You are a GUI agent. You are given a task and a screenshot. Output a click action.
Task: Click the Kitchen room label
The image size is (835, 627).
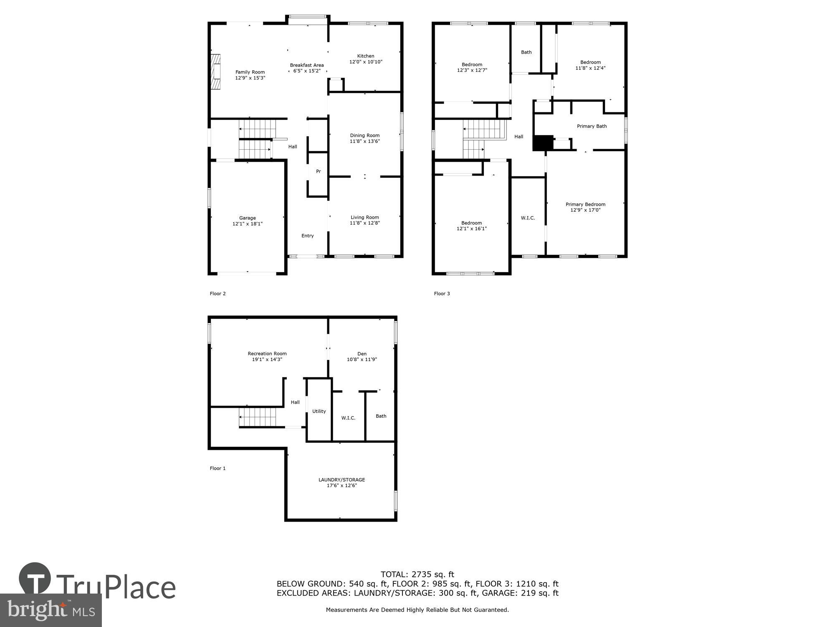click(x=365, y=56)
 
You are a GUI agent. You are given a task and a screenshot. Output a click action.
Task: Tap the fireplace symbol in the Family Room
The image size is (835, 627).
click(x=215, y=72)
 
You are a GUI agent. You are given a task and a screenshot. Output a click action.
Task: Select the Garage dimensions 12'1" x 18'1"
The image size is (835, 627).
click(x=247, y=224)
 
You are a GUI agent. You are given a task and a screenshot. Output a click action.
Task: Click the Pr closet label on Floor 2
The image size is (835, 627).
click(x=318, y=171)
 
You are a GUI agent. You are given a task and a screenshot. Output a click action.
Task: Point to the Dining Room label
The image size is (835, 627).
click(x=364, y=135)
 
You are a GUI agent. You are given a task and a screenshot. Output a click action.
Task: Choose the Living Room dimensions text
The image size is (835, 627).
click(x=364, y=223)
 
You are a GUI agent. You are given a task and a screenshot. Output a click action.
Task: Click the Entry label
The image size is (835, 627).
click(x=307, y=236)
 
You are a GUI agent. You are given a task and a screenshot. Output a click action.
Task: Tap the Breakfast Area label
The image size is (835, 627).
click(x=307, y=65)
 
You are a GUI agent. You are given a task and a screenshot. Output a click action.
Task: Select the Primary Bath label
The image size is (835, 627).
click(x=592, y=126)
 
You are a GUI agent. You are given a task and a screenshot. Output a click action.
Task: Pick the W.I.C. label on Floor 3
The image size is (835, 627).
click(x=528, y=218)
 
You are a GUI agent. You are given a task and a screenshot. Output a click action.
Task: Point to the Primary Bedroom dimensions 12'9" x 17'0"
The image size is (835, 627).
click(x=585, y=210)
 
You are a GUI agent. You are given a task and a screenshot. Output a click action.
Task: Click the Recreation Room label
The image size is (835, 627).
click(x=267, y=354)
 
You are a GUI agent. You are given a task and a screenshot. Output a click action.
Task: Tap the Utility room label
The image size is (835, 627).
click(x=319, y=411)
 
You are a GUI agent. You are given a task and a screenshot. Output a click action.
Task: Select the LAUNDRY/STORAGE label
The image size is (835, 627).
click(x=342, y=480)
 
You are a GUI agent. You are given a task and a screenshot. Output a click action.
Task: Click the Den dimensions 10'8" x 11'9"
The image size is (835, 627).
click(x=362, y=359)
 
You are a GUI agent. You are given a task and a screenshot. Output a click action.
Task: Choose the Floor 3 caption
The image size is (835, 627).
click(x=442, y=294)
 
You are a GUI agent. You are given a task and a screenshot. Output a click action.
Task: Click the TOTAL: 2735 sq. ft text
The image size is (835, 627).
click(x=417, y=574)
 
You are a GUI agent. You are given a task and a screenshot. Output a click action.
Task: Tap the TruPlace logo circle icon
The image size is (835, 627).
click(x=35, y=579)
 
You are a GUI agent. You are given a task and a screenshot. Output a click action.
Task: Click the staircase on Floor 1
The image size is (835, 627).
click(x=258, y=418)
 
